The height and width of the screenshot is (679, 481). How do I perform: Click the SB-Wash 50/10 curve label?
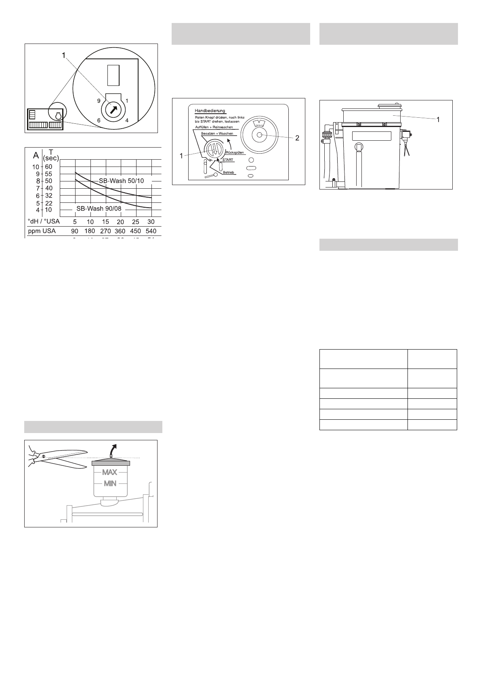[121, 181]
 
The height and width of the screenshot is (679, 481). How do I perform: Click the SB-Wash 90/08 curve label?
[99, 209]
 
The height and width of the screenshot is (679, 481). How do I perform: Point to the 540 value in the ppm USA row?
[151, 231]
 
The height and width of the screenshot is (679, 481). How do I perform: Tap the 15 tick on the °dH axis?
[105, 222]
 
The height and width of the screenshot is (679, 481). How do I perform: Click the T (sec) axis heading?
[51, 155]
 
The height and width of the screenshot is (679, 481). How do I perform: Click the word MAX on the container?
[110, 472]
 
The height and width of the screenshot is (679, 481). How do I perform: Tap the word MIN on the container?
[110, 483]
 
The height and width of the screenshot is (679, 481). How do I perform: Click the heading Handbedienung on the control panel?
[210, 110]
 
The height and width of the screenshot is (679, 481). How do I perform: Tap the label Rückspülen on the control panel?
[235, 152]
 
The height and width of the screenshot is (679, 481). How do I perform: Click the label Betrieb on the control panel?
[229, 173]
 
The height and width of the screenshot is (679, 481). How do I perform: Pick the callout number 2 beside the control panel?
[297, 138]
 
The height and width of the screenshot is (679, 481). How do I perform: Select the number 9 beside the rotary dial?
[99, 100]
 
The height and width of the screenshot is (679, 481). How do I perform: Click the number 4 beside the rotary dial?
[126, 120]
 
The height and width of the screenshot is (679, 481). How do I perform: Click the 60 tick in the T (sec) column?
[48, 167]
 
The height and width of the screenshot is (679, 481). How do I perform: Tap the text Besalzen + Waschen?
[217, 133]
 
